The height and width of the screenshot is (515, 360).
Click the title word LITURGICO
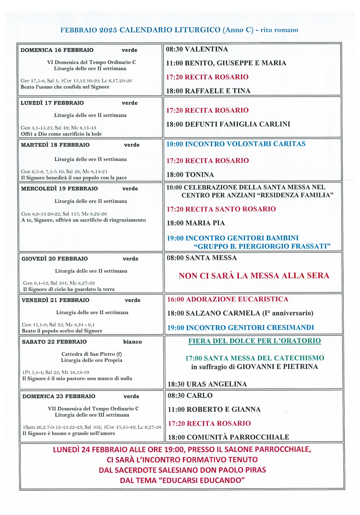(197, 30)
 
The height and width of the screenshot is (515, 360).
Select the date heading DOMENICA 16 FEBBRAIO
(57, 50)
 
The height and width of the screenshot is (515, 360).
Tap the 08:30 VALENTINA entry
(197, 49)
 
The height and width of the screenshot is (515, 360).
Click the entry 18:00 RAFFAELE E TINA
(208, 91)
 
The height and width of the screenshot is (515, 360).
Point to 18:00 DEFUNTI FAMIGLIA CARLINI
(228, 124)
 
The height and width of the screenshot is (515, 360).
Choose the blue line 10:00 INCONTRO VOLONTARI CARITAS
(236, 144)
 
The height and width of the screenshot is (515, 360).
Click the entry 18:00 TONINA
(190, 174)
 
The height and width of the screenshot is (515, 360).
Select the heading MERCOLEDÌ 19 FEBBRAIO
(59, 188)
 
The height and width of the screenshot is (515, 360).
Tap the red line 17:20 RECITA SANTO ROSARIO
(221, 209)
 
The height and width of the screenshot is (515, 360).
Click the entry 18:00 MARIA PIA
(195, 223)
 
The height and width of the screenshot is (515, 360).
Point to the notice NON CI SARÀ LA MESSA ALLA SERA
(254, 276)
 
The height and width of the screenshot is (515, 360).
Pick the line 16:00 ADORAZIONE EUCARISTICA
(227, 299)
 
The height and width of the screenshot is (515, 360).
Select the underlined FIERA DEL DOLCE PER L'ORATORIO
(254, 341)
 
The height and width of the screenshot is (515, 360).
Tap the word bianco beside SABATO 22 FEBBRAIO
(132, 342)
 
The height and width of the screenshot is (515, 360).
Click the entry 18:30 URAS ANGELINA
(207, 384)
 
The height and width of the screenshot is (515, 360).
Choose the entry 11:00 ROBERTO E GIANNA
(214, 409)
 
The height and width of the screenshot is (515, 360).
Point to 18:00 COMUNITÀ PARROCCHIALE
(228, 437)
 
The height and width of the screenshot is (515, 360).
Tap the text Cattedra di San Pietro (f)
(91, 354)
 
